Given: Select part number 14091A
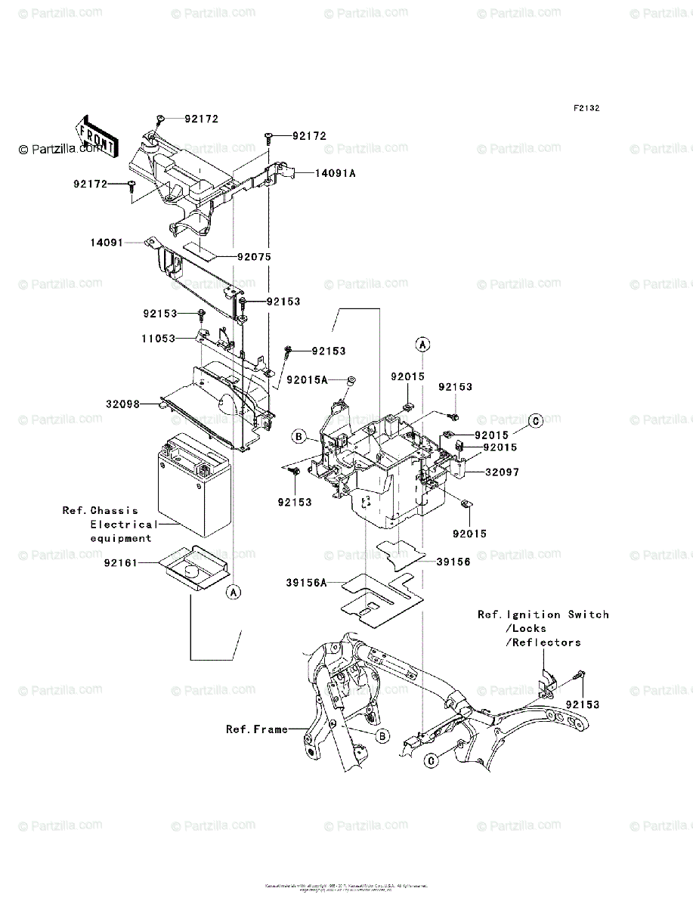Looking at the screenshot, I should [x=331, y=173].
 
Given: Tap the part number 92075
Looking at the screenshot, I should [x=254, y=257].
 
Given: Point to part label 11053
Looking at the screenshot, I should [x=159, y=340].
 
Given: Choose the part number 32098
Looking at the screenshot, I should [x=123, y=404].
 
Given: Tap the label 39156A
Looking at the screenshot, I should [x=307, y=583].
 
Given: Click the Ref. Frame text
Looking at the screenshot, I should [x=257, y=729].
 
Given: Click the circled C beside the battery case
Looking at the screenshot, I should [x=534, y=422].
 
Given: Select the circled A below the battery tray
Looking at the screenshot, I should [x=234, y=593].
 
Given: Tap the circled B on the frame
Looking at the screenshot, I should [x=382, y=735].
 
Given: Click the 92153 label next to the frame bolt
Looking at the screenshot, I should [x=583, y=704].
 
